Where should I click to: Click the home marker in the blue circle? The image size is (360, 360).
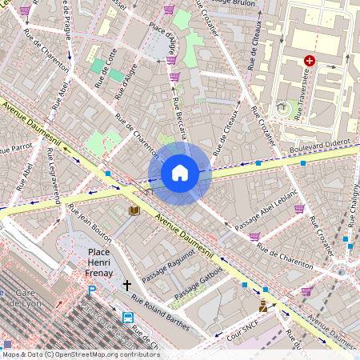[x=180, y=173]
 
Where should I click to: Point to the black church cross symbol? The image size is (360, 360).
[x=126, y=286]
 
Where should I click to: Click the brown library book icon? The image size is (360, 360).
[x=134, y=210]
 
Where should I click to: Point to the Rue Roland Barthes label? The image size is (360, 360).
[x=161, y=310]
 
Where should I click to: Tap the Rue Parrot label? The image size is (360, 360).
[x=16, y=147]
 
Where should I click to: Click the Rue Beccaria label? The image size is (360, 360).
[x=180, y=116]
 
